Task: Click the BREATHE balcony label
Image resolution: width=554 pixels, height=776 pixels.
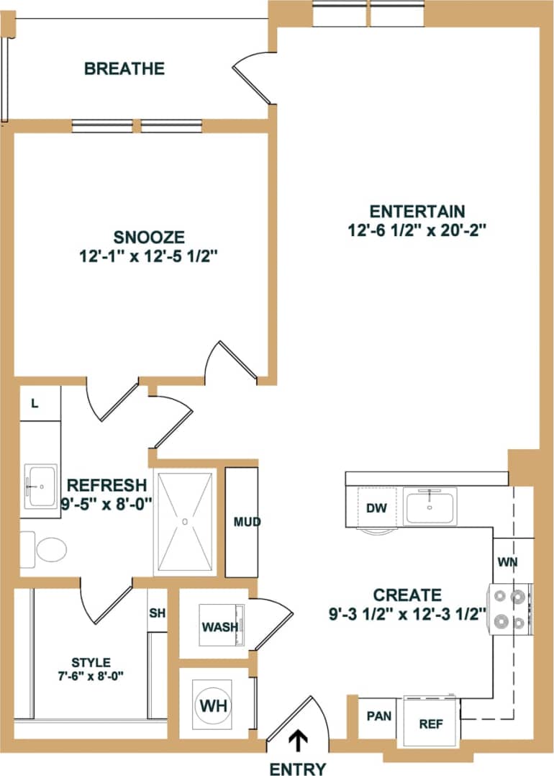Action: [124, 69]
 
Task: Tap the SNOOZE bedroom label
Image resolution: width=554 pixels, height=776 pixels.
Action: [150, 237]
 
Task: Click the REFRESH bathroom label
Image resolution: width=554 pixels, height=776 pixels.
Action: [106, 484]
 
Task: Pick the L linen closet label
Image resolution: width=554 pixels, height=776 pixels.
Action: [34, 404]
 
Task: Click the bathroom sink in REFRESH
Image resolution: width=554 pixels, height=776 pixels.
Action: [40, 487]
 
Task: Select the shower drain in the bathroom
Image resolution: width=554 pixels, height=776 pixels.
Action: [185, 520]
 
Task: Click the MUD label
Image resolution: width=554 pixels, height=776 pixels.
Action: [247, 522]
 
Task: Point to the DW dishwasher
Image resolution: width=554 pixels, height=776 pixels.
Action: [376, 508]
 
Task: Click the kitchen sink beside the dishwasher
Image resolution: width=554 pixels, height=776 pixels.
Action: [430, 506]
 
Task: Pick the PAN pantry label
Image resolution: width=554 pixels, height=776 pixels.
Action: [378, 717]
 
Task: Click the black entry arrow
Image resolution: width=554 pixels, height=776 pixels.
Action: [296, 741]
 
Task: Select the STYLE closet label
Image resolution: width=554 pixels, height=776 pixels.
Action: [91, 662]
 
